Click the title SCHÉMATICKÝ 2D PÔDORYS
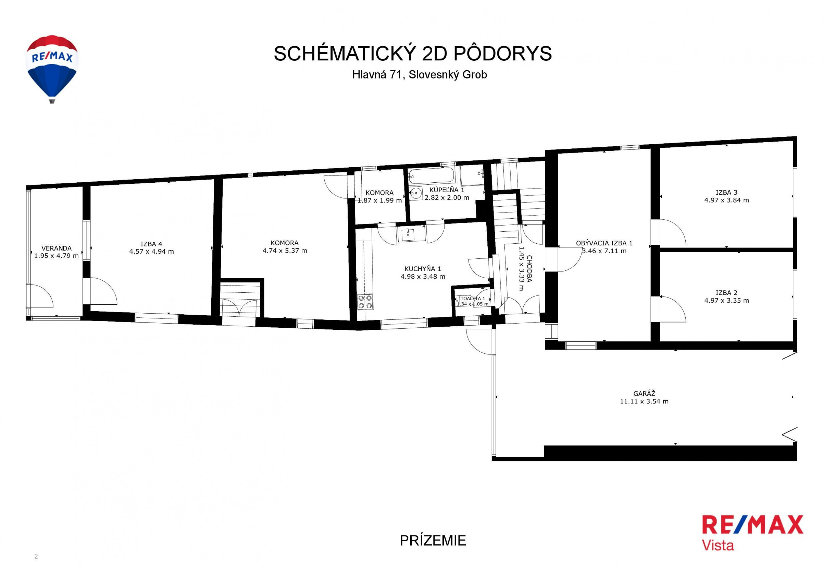click(413, 53)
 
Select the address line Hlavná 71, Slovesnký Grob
click(419, 75)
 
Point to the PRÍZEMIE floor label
click(433, 541)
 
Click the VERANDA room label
click(57, 248)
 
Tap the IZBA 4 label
click(151, 244)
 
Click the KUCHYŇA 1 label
click(423, 269)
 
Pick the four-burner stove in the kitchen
click(365, 302)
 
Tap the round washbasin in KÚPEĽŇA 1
click(415, 193)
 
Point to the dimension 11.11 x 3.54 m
click(644, 401)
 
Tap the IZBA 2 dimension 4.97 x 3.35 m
click(727, 301)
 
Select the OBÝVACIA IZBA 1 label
click(604, 243)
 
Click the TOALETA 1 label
click(473, 299)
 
